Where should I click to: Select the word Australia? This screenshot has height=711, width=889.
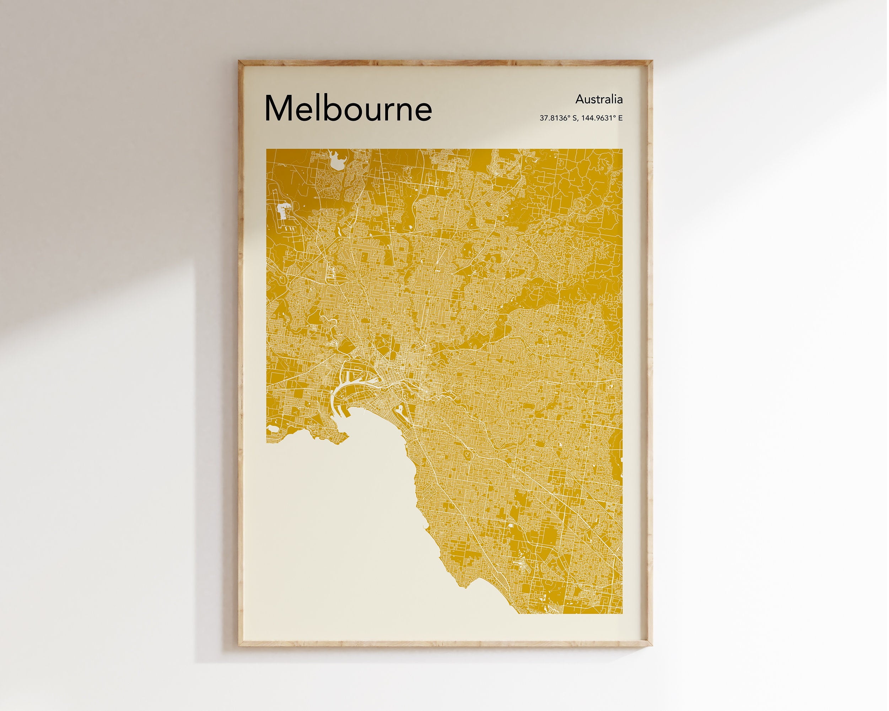point(599,99)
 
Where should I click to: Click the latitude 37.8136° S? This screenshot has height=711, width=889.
point(558,118)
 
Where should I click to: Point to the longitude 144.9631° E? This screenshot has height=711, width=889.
point(602,118)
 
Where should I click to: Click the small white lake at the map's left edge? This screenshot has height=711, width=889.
point(272,429)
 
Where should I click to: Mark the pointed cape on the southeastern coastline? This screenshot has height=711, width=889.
point(465,586)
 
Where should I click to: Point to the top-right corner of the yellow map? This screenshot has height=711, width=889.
point(622,150)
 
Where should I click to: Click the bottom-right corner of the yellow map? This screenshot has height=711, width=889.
point(622,613)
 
